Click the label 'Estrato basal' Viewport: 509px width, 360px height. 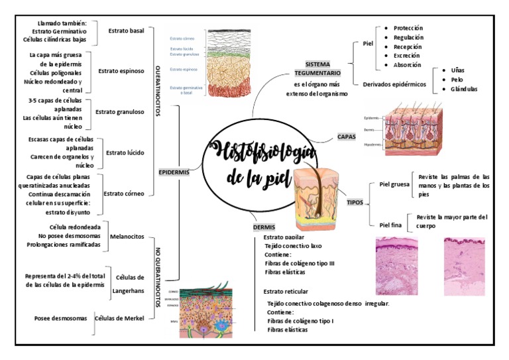coord(126,30)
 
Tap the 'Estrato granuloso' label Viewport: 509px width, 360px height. coord(119,111)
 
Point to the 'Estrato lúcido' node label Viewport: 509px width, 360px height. coord(125,152)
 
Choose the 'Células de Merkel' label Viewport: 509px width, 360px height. coord(119,318)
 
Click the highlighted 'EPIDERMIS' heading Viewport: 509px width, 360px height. coord(174,172)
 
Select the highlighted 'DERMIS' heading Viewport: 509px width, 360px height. coord(264,227)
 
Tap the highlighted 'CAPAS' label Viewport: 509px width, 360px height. coord(346,137)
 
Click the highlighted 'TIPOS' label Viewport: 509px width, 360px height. coord(355,202)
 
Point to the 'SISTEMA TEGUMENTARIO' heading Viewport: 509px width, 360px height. coord(318,68)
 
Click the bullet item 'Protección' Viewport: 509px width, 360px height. coord(408,29)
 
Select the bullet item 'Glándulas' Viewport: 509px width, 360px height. coord(463,89)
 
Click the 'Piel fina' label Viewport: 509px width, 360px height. coord(390,225)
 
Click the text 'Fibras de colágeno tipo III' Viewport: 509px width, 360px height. coord(300,263)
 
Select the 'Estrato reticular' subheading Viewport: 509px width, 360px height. coord(286,291)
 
